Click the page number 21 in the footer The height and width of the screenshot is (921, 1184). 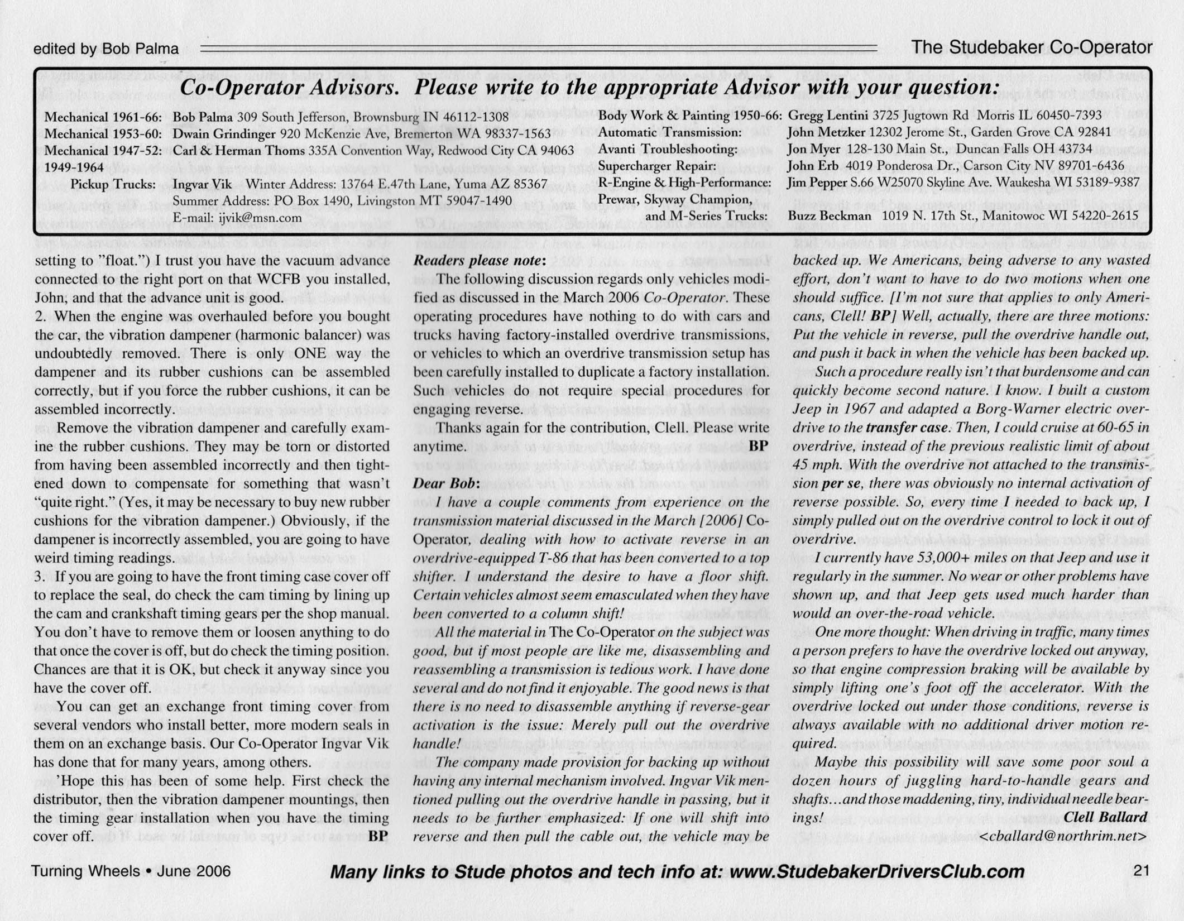tap(1142, 871)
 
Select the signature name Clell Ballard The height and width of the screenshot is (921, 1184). tap(1106, 817)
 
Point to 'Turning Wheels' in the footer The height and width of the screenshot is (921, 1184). tap(85, 871)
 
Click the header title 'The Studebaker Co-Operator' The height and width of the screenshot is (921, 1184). tap(1032, 47)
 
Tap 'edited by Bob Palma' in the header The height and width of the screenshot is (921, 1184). tap(106, 49)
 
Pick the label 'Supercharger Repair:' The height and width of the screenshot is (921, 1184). tap(656, 166)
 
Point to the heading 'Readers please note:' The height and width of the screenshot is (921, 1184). tap(479, 260)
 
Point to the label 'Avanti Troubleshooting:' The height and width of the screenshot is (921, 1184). tap(667, 150)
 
